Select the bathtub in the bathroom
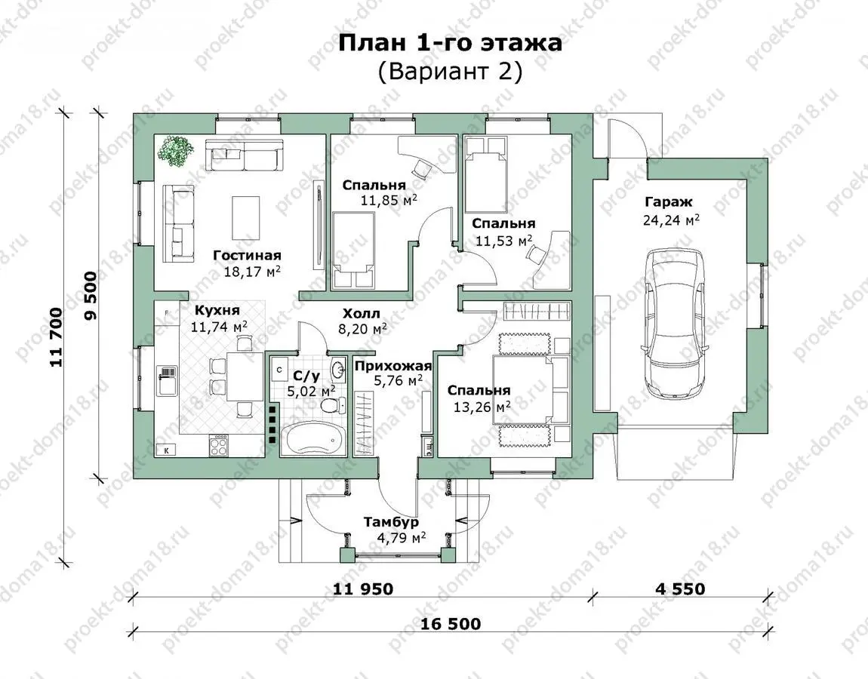(312, 439)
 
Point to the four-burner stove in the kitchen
(220, 445)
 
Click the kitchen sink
(166, 379)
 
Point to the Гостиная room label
(248, 255)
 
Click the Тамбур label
(391, 522)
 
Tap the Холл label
(361, 314)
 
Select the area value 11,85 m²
(388, 200)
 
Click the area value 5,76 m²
(398, 380)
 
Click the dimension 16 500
(451, 624)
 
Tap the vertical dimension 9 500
(91, 296)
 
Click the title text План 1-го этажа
(450, 42)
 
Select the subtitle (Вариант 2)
(450, 72)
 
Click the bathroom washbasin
(337, 370)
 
